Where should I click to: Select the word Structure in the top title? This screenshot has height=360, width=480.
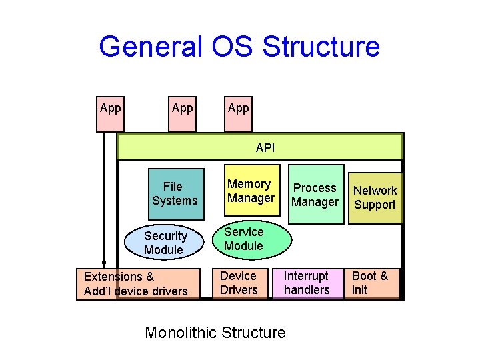(x=321, y=47)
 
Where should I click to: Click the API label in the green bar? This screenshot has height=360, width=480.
(x=265, y=147)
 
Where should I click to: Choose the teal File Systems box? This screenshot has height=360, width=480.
(x=174, y=193)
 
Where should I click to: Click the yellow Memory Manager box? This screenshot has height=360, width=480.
(x=251, y=191)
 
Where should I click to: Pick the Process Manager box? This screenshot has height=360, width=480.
(x=315, y=194)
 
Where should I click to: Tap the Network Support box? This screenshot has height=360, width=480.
(x=375, y=197)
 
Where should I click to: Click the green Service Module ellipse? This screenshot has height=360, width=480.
(x=252, y=239)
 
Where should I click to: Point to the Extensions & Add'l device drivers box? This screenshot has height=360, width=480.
(x=137, y=283)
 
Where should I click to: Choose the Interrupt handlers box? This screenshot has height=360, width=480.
(x=307, y=283)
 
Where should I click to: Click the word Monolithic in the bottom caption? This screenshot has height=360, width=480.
(x=187, y=332)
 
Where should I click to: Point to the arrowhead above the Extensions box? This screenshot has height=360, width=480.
(x=104, y=263)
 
